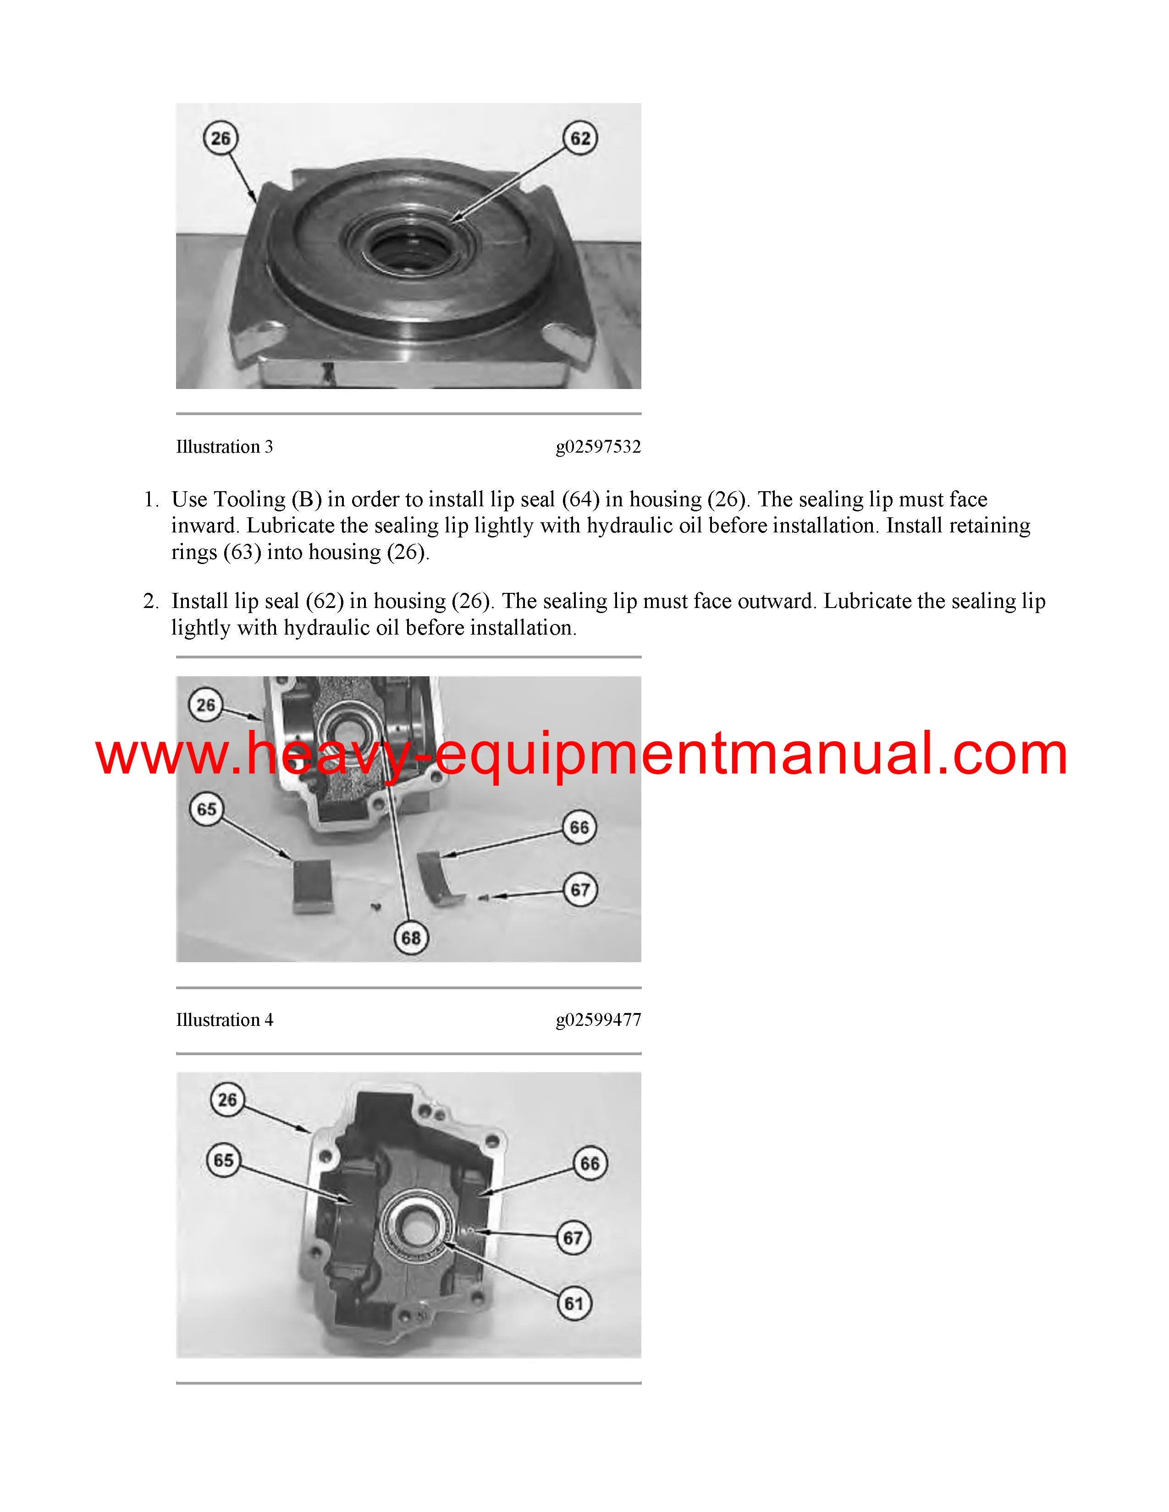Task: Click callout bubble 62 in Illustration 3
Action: (x=580, y=138)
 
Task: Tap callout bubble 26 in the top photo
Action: (x=220, y=138)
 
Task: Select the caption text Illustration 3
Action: (x=224, y=447)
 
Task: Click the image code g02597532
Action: (x=598, y=447)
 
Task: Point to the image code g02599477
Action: (x=598, y=1020)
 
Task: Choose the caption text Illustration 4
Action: (x=224, y=1020)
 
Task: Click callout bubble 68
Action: (x=411, y=937)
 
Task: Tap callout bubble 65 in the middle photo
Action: (x=206, y=809)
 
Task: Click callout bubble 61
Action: (x=574, y=1304)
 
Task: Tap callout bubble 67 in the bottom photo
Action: (x=574, y=1238)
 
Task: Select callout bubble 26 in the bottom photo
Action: (x=227, y=1099)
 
